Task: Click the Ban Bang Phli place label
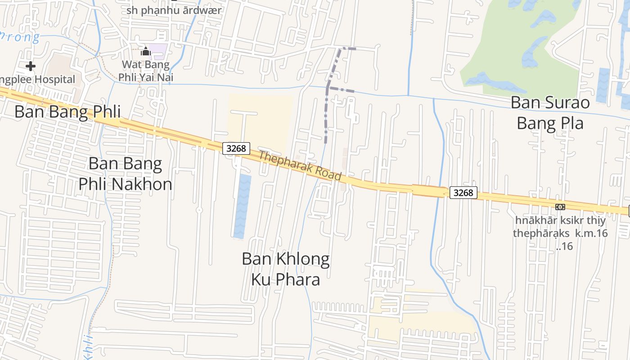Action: click(x=67, y=112)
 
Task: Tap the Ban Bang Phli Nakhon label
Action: click(x=125, y=174)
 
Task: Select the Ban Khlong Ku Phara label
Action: click(x=285, y=269)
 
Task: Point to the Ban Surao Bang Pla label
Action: click(x=550, y=112)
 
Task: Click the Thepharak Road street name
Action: click(x=300, y=166)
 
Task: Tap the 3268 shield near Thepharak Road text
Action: click(x=236, y=148)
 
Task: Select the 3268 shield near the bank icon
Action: click(x=463, y=193)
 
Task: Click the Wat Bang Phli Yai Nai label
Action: click(x=146, y=71)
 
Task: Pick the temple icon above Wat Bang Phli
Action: click(x=145, y=51)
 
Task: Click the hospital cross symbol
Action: click(x=31, y=67)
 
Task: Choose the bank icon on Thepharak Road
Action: click(x=560, y=207)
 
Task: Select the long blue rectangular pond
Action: click(x=243, y=206)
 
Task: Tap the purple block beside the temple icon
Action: click(x=158, y=51)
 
